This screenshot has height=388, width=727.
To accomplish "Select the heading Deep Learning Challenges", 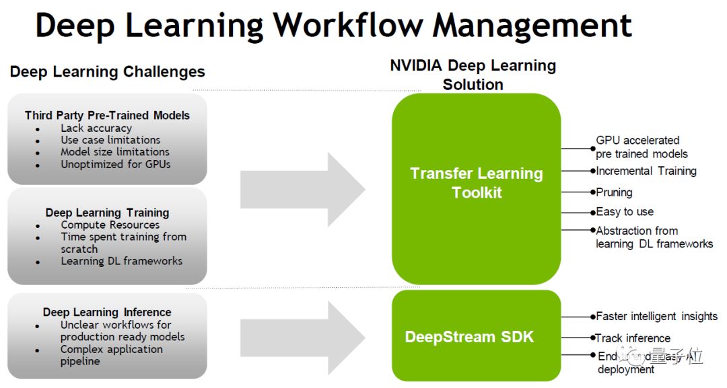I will (x=108, y=72).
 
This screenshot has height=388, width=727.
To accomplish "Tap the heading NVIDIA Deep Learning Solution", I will (x=473, y=75).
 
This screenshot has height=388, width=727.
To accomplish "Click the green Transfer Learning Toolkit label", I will (x=477, y=183).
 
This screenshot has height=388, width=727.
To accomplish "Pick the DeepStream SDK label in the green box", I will (x=469, y=337).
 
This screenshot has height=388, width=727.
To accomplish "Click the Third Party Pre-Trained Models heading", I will (x=107, y=116).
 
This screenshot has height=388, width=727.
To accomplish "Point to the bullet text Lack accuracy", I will (x=96, y=128).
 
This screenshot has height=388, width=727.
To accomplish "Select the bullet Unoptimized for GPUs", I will (x=115, y=164).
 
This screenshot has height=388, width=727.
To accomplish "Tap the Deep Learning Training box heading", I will (x=107, y=212).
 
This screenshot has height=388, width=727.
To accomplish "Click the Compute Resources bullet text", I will (x=110, y=225).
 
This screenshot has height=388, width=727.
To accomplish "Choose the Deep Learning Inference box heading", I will (x=107, y=312).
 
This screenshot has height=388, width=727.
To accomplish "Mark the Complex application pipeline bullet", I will (x=112, y=355).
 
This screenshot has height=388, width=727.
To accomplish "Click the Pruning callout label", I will (x=614, y=192).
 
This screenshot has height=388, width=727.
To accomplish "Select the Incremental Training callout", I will (x=646, y=171).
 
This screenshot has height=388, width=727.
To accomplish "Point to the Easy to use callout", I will (x=625, y=212).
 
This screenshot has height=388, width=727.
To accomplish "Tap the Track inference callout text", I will (x=633, y=338).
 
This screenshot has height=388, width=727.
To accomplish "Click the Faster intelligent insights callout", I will (x=656, y=316).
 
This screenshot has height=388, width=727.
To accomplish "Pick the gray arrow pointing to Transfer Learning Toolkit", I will (x=302, y=189).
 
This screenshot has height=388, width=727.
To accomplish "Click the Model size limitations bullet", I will (x=115, y=152).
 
